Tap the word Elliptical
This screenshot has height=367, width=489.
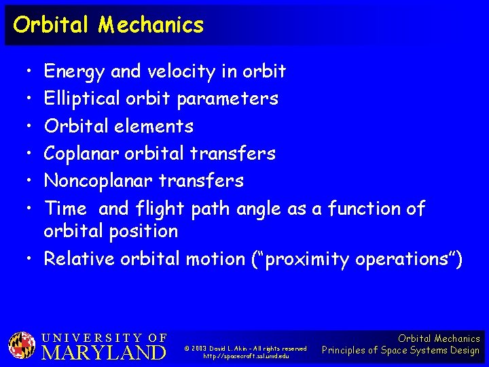tap(82, 99)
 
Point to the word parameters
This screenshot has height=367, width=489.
tap(228, 99)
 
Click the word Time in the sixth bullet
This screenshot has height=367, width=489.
tap(65, 209)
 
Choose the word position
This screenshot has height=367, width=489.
tap(144, 231)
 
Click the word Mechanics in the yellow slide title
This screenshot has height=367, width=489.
tap(150, 25)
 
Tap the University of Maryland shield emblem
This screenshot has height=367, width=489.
tap(22, 345)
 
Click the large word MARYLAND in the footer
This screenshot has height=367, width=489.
tap(105, 352)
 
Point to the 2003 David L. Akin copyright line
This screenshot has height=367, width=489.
tap(246, 348)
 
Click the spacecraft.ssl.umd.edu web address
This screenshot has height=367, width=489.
tap(246, 356)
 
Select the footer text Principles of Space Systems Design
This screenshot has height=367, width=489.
tap(401, 351)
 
